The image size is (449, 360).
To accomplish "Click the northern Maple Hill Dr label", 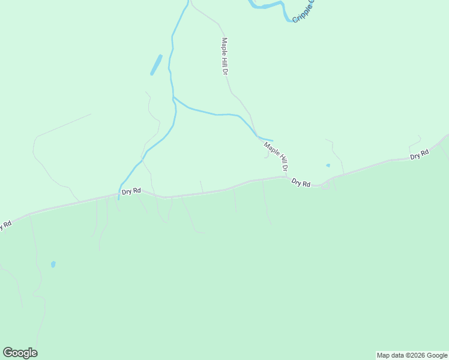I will pyautogui.click(x=225, y=56).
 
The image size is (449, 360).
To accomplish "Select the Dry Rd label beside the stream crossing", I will pyautogui.click(x=131, y=191).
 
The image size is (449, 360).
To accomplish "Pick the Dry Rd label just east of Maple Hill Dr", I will pyautogui.click(x=301, y=182).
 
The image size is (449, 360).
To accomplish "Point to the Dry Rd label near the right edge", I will pyautogui.click(x=420, y=155).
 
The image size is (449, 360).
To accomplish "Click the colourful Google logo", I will pyautogui.click(x=20, y=353).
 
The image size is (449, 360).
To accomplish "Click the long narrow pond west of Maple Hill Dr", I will pyautogui.click(x=156, y=65).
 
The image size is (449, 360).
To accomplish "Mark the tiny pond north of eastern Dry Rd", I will pyautogui.click(x=328, y=165).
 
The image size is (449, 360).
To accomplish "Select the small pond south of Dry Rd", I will pyautogui.click(x=53, y=264).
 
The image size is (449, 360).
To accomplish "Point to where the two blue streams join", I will pyautogui.click(x=173, y=97).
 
